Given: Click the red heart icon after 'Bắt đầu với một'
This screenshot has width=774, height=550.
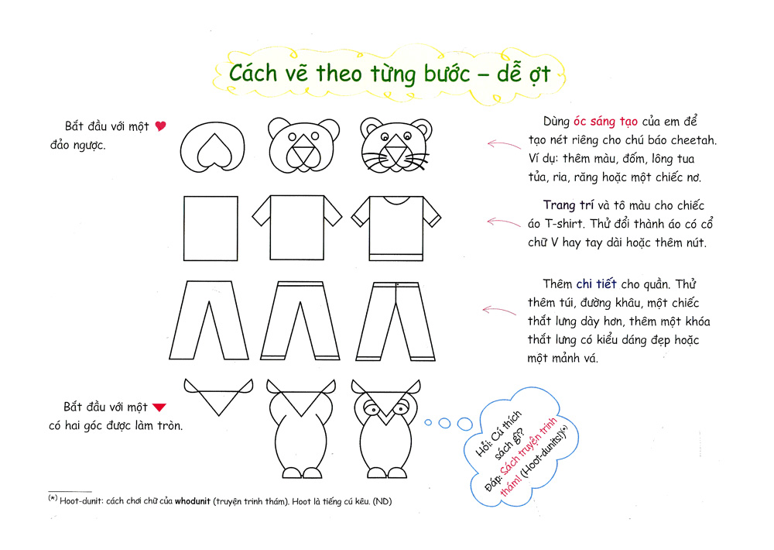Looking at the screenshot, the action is point(160,126).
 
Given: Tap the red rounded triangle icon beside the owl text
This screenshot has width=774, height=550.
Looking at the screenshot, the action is point(159,407).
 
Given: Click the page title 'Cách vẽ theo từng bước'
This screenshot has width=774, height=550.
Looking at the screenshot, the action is point(350,74).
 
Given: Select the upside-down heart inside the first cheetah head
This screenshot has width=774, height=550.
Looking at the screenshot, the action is point(214,150).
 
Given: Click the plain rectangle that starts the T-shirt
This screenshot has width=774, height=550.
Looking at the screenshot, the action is point(211,229).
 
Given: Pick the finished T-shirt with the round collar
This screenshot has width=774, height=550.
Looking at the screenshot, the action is point(396,229).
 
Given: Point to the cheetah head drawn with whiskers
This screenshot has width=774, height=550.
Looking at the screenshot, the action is point(396,145).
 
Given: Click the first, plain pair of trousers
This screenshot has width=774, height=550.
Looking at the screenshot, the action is point(209,320).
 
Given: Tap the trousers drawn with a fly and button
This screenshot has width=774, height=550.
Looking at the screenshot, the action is point(396,321).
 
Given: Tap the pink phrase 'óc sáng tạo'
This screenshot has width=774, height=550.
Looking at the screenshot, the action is point(605,122).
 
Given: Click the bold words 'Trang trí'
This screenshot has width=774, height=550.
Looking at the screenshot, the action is point(568,205).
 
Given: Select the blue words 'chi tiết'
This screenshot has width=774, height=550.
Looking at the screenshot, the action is point(596,284).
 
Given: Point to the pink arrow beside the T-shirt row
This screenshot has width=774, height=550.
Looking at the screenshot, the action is point(504,222).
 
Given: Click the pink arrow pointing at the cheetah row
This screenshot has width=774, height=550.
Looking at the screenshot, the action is point(504,144).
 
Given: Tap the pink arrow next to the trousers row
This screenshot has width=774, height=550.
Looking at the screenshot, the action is point(499,311).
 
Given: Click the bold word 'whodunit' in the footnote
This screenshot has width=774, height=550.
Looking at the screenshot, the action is point(193,501).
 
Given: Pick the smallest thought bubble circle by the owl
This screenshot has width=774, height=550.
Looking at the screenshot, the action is point(428,422).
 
